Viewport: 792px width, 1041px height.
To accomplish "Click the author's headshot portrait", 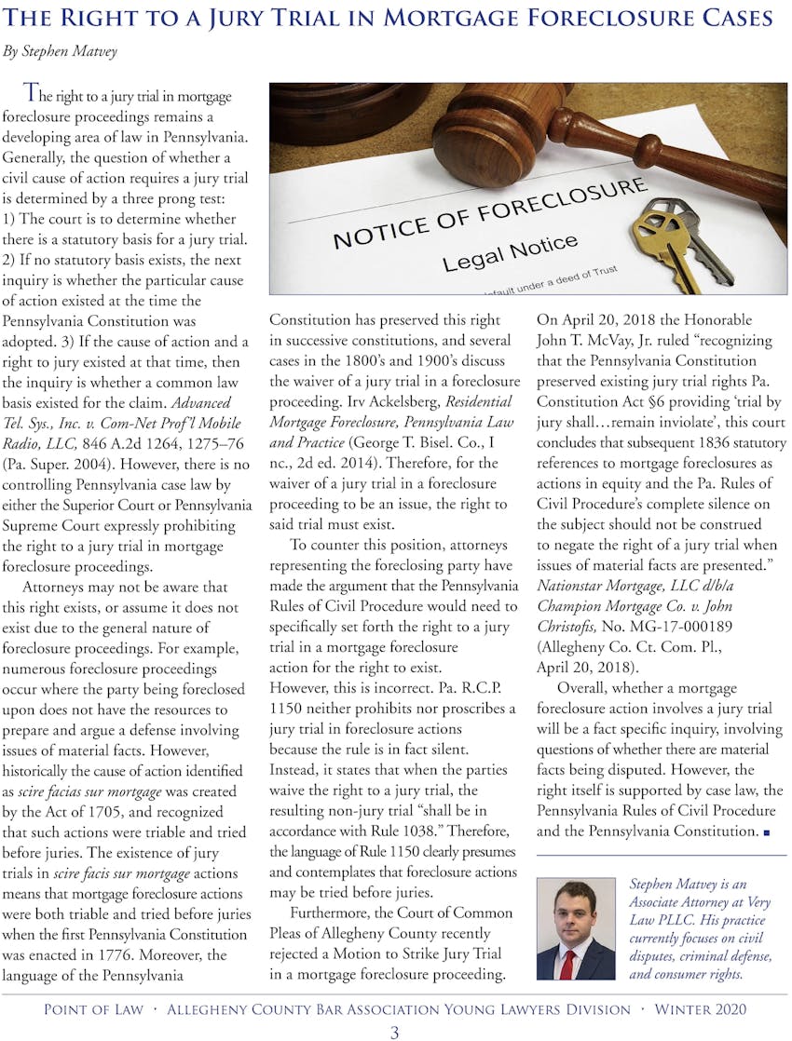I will click(x=575, y=929).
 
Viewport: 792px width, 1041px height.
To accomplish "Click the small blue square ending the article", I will click(x=766, y=832).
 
